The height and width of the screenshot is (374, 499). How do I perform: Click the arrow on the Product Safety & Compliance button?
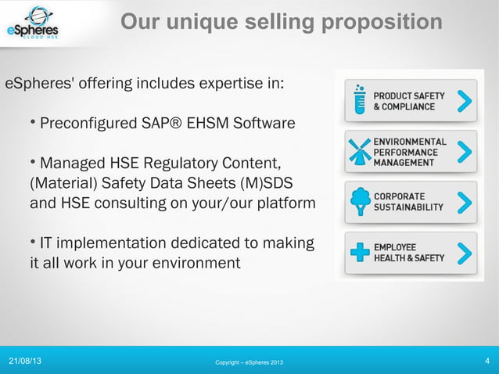coord(465,102)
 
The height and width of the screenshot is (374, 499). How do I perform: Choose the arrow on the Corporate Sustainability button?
coord(465,202)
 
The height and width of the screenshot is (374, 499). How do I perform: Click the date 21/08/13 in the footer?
coord(26,361)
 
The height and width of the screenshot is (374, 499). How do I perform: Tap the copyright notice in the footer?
coord(249,362)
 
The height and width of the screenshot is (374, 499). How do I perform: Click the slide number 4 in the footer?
coord(487,361)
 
